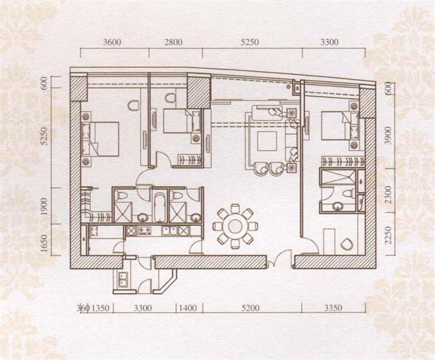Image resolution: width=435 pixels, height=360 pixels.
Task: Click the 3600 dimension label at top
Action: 112,42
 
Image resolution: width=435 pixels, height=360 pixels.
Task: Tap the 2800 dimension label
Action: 173,42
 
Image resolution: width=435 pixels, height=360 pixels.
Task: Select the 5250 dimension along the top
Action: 250,42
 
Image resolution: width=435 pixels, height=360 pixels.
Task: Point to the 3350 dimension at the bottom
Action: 333,308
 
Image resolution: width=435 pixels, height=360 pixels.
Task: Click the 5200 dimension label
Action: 251,308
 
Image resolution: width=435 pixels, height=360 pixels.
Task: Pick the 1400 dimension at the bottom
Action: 188,308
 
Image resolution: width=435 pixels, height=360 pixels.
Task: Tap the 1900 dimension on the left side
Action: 44,206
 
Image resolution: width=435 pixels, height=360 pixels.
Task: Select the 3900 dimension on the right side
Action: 389,136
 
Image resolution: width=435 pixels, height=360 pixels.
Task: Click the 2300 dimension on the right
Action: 389,195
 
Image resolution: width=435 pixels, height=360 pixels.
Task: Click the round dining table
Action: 235,226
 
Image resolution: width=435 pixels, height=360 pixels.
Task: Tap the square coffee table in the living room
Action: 267,141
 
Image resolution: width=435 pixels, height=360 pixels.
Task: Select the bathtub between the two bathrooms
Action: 159,208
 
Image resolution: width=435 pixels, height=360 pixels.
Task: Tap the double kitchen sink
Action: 170,230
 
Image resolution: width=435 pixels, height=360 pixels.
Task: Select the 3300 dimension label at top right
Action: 329,42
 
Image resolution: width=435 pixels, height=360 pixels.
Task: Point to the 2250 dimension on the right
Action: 389,235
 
